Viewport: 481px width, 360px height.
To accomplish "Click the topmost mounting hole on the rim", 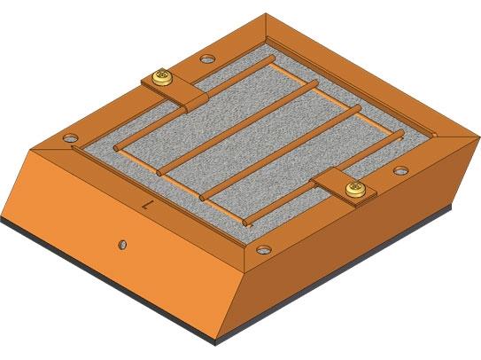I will (206, 59).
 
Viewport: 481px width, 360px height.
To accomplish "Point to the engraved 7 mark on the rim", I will (148, 204).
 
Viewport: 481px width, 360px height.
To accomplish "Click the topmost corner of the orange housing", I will (266, 14).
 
